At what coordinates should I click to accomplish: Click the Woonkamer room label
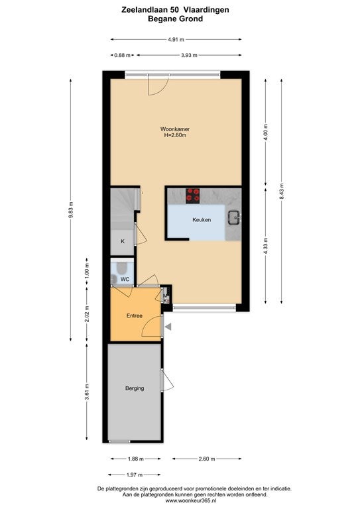click(175, 129)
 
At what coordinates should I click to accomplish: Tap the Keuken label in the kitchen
click(202, 220)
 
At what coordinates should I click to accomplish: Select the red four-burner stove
click(192, 196)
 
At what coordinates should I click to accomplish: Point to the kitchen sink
click(234, 217)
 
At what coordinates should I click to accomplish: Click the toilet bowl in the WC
click(122, 268)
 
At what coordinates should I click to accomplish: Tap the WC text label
click(125, 279)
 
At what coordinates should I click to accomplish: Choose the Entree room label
click(135, 315)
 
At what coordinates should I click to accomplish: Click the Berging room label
click(135, 388)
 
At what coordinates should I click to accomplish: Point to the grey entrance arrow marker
click(168, 327)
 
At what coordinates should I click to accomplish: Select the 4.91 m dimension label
click(176, 40)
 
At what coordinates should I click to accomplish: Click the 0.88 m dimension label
click(123, 55)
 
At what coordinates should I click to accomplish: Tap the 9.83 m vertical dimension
click(71, 210)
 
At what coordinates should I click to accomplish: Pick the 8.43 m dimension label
click(282, 192)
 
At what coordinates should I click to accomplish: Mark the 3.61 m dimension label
click(87, 392)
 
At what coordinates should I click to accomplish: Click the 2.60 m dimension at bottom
click(207, 459)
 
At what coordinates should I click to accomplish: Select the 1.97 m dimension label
click(135, 475)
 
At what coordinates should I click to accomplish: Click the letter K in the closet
click(123, 241)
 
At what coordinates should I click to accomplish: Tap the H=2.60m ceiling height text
click(175, 135)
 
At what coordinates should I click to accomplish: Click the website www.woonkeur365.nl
click(191, 501)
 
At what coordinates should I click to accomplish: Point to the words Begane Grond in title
click(175, 19)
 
